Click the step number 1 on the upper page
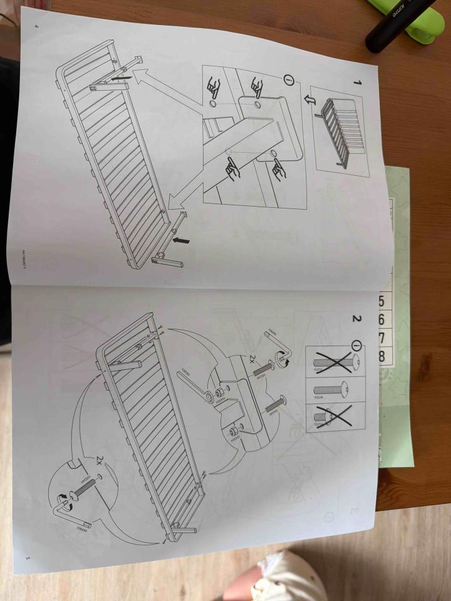(356, 83)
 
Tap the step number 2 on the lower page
(356, 319)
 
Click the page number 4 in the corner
(36, 26)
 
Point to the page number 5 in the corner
(27, 556)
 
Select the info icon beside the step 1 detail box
(289, 80)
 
